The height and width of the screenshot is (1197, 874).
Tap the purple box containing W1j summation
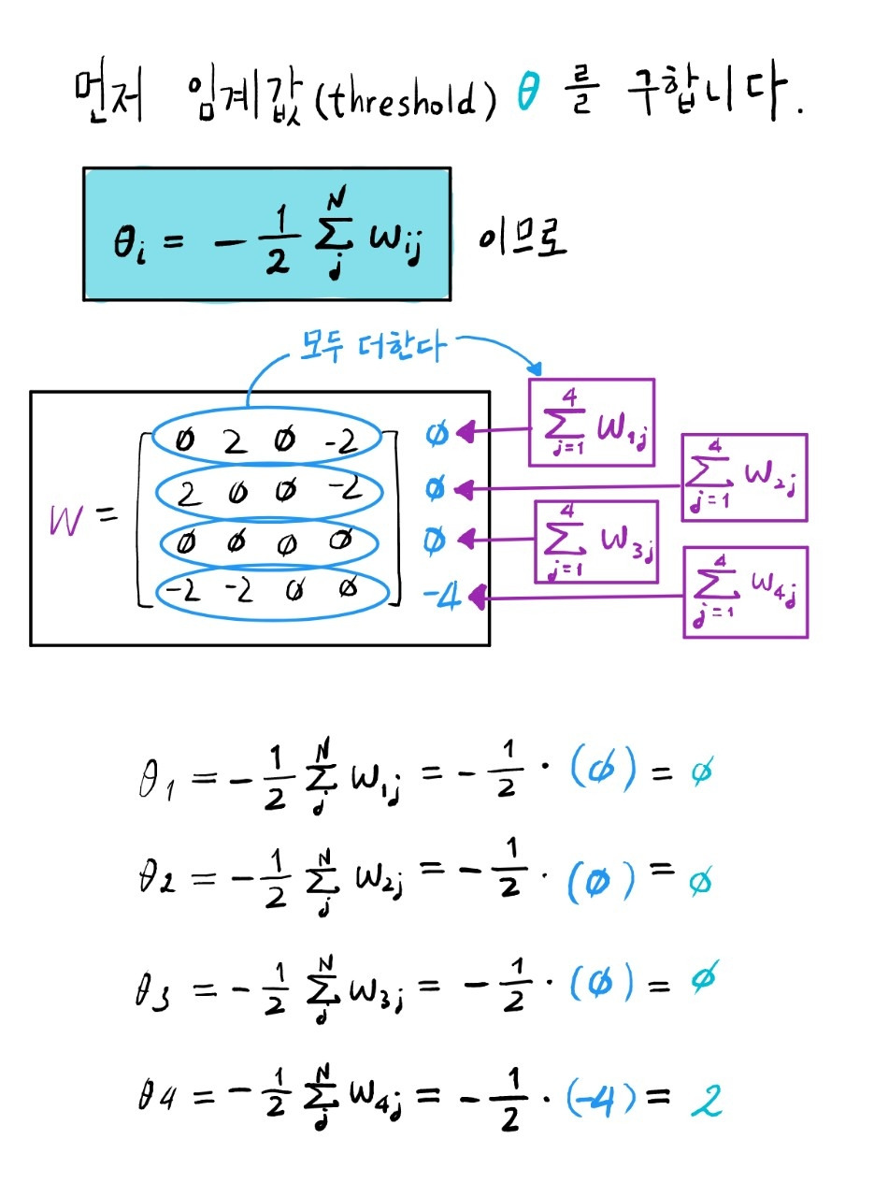pyautogui.click(x=592, y=421)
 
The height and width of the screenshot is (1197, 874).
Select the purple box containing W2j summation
pyautogui.click(x=744, y=477)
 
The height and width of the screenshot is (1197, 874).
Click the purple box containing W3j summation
pyautogui.click(x=595, y=541)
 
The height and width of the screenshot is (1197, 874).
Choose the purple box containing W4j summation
pyautogui.click(x=745, y=592)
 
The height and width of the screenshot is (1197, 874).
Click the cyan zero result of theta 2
pyautogui.click(x=695, y=882)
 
